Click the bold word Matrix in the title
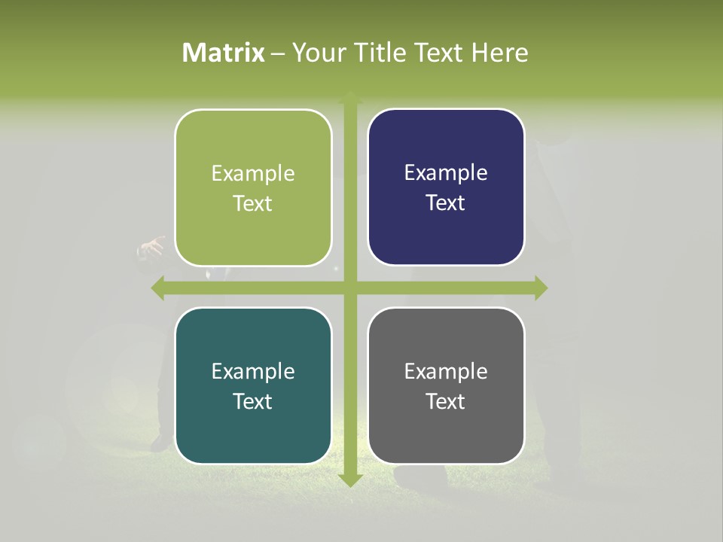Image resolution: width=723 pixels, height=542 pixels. [x=224, y=53]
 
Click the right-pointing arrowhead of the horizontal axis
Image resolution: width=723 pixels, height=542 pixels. [x=540, y=288]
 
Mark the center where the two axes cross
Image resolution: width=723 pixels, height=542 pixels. [x=349, y=288]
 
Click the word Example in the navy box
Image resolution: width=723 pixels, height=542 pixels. [x=446, y=173]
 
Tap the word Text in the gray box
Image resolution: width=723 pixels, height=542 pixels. [x=446, y=402]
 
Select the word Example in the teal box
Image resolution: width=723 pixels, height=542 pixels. [x=253, y=372]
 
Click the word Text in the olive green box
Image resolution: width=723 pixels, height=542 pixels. [x=253, y=204]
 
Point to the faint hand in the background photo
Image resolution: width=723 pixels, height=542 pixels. [x=151, y=248]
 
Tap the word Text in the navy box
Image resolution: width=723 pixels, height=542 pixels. [x=446, y=203]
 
